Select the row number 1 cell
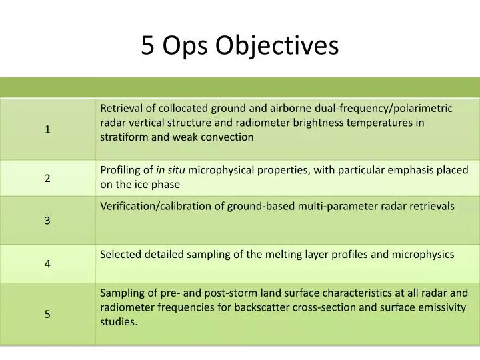pyautogui.click(x=48, y=129)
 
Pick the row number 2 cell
pyautogui.click(x=48, y=178)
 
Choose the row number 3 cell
pyautogui.click(x=48, y=220)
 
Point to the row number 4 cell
pyautogui.click(x=48, y=263)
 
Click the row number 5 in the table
pyautogui.click(x=48, y=314)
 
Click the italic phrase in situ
pyautogui.click(x=170, y=170)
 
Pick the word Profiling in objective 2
pyautogui.click(x=121, y=170)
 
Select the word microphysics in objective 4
pyautogui.click(x=426, y=254)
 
